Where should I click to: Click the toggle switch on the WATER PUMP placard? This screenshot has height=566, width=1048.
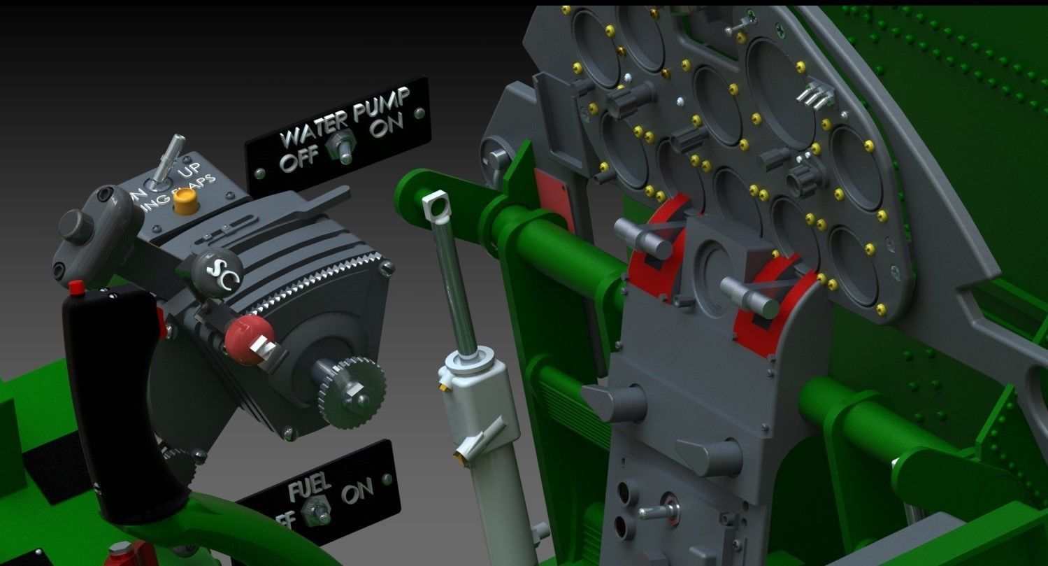[x=345, y=148]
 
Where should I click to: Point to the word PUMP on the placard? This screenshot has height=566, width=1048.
[x=381, y=106]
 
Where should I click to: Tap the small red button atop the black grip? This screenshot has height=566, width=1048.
[x=76, y=286]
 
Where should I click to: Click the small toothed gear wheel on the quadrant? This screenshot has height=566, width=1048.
[x=352, y=392]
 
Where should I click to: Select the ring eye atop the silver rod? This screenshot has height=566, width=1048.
[x=436, y=205]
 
